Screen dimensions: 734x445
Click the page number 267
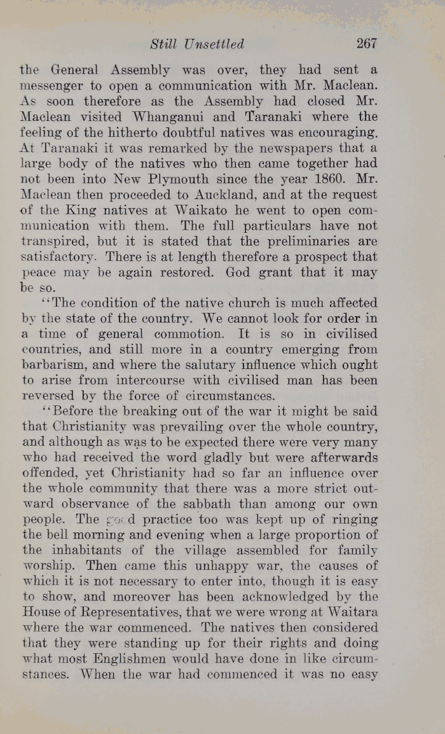(x=367, y=44)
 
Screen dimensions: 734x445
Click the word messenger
(x=56, y=86)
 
